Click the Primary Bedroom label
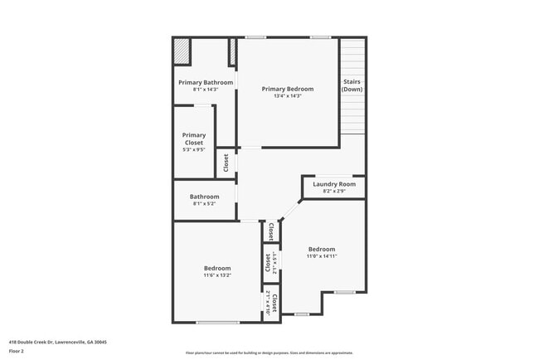(288, 89)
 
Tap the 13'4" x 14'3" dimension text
(288, 96)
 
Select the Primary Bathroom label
(206, 82)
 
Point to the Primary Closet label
(194, 139)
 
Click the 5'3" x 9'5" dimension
(194, 150)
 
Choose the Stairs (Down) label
(352, 85)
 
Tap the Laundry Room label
(334, 184)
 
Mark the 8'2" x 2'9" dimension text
(334, 191)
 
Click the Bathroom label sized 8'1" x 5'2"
(206, 197)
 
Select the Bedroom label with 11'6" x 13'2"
(217, 268)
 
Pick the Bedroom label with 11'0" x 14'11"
(322, 249)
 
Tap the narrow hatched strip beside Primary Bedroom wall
(233, 51)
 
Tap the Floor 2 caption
(17, 352)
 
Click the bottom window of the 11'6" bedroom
(218, 323)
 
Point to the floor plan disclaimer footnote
(269, 353)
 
